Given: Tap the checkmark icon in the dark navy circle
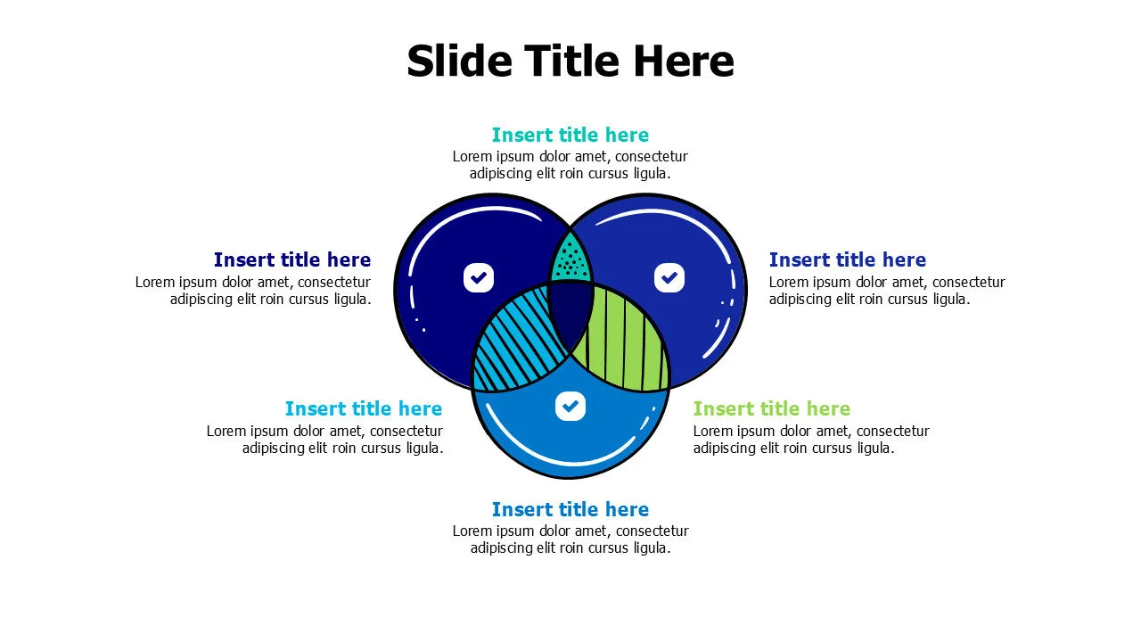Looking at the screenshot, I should pyautogui.click(x=479, y=277).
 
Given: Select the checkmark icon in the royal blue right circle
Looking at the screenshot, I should pyautogui.click(x=669, y=277).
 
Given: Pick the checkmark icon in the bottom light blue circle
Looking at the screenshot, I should pyautogui.click(x=570, y=406).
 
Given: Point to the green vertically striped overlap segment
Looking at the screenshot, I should pyautogui.click(x=624, y=339).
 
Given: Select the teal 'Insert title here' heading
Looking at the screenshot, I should pyautogui.click(x=570, y=135).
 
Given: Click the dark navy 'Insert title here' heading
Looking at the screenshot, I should pyautogui.click(x=292, y=259).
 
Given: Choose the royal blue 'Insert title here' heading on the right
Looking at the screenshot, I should pyautogui.click(x=848, y=259).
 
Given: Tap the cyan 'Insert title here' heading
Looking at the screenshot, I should pyautogui.click(x=364, y=408).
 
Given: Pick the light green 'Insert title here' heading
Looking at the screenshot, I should pyautogui.click(x=772, y=408).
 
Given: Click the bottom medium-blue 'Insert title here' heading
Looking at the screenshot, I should pyautogui.click(x=570, y=509).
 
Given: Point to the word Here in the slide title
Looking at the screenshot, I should pyautogui.click(x=684, y=62).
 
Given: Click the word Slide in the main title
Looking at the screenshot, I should pyautogui.click(x=459, y=62).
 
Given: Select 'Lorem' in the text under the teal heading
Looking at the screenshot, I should pyautogui.click(x=472, y=157).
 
